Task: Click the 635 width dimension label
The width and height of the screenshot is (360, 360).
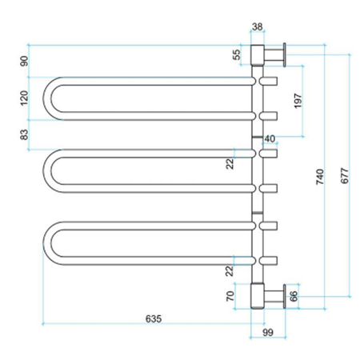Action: (154, 318)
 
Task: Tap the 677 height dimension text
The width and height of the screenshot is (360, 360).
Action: (344, 177)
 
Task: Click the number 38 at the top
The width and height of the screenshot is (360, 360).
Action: (258, 26)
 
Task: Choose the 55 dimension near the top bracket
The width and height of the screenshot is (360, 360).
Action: (235, 55)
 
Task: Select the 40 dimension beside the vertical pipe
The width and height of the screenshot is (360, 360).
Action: (270, 138)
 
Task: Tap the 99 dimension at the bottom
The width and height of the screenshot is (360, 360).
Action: (268, 333)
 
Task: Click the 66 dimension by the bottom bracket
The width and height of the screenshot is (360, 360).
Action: (293, 296)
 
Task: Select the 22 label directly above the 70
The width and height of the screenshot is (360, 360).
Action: (230, 270)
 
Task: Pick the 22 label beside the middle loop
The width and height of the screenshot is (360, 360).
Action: (230, 163)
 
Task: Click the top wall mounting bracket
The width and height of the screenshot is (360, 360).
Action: (270, 55)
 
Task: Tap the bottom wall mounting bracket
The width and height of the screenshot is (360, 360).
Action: (270, 295)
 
